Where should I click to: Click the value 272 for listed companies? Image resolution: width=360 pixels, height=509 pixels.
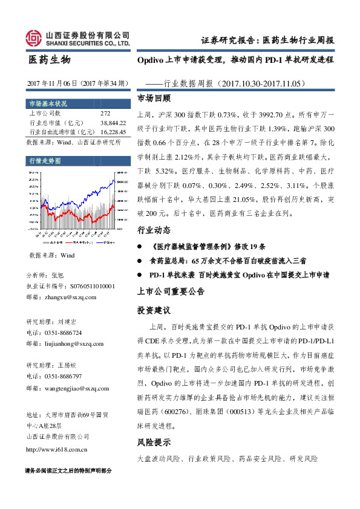point(105,113)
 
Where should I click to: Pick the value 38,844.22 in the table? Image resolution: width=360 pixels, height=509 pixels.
point(113,122)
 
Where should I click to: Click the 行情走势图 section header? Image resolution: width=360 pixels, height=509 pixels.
point(45,161)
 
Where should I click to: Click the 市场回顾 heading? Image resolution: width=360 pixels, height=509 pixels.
point(154,97)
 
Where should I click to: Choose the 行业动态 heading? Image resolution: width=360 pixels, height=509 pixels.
point(154,231)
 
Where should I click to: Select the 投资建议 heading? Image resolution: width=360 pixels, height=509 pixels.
point(154,310)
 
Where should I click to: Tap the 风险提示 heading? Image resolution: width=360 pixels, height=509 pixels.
point(154,442)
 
